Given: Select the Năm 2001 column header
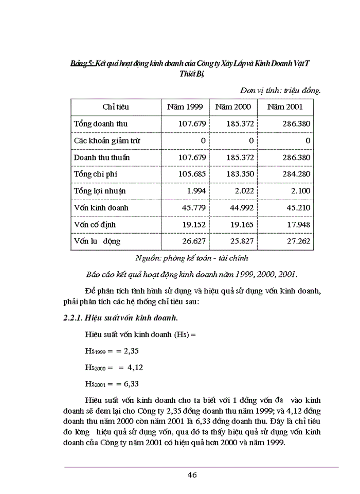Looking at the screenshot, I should point(284,107).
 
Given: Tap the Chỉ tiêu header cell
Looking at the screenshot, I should point(116,107).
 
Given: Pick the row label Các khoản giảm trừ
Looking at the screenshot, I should point(107,140).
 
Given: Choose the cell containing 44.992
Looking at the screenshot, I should point(243,208).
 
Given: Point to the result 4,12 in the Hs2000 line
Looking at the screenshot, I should point(126,367).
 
